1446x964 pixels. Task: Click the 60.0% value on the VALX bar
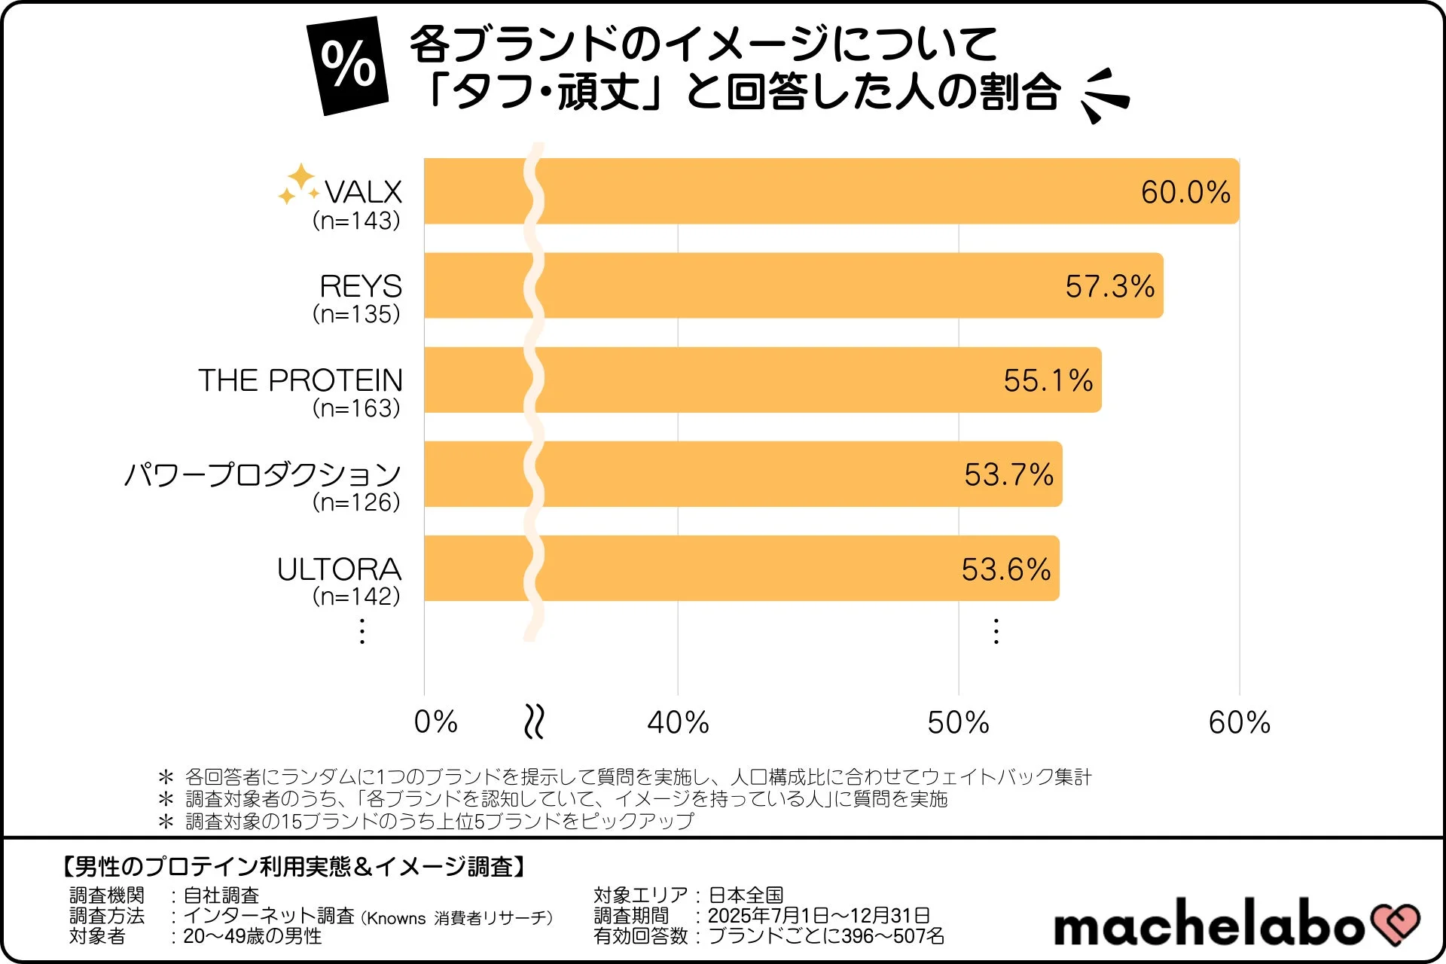1185,192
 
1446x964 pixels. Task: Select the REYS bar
791,285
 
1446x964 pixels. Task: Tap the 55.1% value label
1048,380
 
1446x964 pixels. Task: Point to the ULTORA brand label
339,569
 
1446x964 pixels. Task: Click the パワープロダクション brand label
263,474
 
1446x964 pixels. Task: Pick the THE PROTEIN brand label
300,380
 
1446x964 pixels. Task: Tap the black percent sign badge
347,66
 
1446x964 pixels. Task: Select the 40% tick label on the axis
678,722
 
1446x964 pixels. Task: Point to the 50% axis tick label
958,722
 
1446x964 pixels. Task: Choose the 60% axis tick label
1239,722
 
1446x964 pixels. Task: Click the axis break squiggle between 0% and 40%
534,721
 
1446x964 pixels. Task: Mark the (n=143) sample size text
356,221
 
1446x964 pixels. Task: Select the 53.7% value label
1008,474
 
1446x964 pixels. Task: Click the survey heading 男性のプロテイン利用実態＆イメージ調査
294,867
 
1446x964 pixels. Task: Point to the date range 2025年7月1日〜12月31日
819,915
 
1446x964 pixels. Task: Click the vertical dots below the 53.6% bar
996,631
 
